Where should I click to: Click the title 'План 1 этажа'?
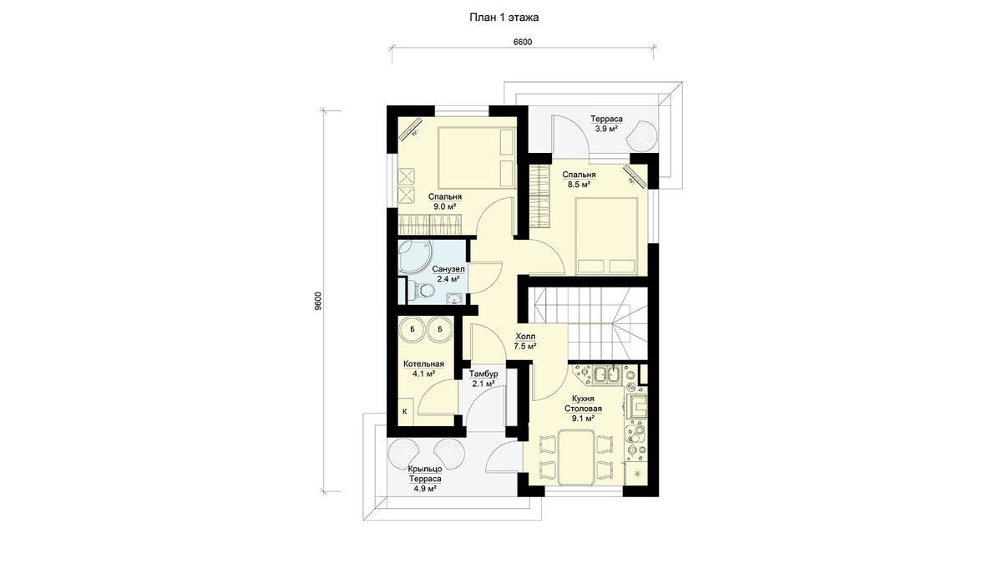504,18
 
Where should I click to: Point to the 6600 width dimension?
522,42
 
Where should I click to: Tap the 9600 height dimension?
317,302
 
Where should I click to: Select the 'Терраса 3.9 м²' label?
606,124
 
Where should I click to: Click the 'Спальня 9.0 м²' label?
444,201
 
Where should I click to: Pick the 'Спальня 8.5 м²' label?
579,180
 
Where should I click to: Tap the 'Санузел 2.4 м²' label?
448,274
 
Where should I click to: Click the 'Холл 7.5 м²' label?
525,341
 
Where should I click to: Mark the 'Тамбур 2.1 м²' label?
483,379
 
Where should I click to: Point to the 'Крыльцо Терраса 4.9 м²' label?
425,479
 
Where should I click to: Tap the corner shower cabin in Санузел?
415,257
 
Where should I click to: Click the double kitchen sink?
607,374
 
